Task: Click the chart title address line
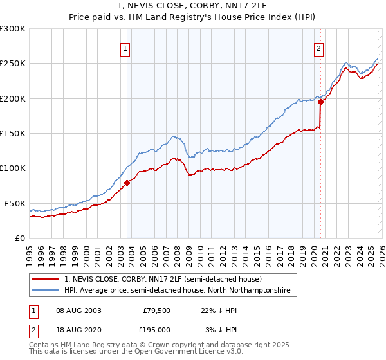(193, 6)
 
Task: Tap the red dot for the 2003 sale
(127, 183)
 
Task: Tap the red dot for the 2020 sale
(320, 102)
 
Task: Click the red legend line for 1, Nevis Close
(46, 280)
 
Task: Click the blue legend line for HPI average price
(46, 291)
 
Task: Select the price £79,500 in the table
(156, 310)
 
